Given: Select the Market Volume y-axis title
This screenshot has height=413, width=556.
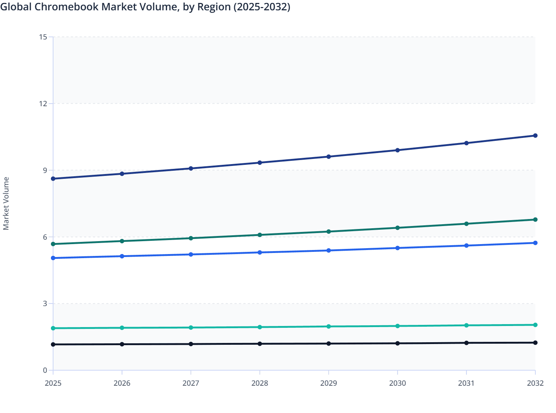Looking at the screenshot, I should [6, 204].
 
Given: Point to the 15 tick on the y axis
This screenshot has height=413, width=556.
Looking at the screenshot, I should [43, 37].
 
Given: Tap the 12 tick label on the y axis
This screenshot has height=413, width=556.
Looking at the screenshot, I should [43, 104].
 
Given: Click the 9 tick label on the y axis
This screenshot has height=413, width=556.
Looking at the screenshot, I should [45, 170].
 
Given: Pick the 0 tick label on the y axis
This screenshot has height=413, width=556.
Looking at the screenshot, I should [45, 370].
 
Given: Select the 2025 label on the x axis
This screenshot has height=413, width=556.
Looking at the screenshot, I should [53, 383].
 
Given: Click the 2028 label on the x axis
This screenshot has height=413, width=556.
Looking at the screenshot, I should [260, 383].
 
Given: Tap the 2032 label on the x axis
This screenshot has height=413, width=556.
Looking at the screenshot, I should [535, 383].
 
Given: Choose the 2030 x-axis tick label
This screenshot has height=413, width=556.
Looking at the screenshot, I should [397, 383].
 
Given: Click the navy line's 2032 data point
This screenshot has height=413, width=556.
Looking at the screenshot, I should [535, 136].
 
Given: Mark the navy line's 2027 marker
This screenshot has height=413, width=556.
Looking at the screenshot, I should [191, 169].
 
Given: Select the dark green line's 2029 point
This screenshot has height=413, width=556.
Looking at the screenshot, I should [329, 232].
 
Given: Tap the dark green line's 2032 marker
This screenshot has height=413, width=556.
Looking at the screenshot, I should [535, 220].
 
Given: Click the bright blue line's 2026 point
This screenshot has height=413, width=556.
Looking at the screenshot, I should [122, 256].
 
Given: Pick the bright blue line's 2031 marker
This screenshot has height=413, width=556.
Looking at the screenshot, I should [466, 246].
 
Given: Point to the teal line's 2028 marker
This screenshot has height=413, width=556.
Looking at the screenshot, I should [260, 327].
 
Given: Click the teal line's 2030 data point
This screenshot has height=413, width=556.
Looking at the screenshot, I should [397, 326].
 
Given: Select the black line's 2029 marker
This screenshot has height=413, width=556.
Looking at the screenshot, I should [329, 344].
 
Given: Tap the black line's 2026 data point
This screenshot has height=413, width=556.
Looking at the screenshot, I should [122, 344].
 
